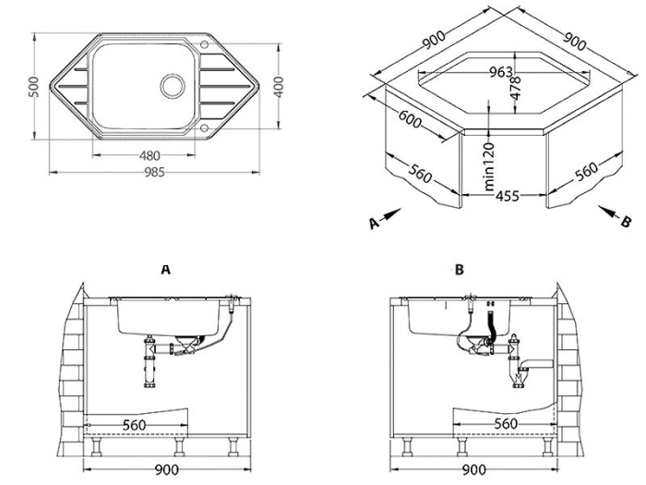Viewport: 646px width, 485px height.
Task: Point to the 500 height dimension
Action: [33, 89]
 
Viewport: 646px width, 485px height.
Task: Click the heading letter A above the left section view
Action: [165, 269]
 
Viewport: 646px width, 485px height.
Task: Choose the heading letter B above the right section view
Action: [459, 269]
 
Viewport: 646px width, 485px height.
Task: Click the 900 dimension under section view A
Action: [165, 470]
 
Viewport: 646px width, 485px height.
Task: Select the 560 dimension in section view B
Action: [504, 423]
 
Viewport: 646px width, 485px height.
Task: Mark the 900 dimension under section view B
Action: [474, 470]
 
